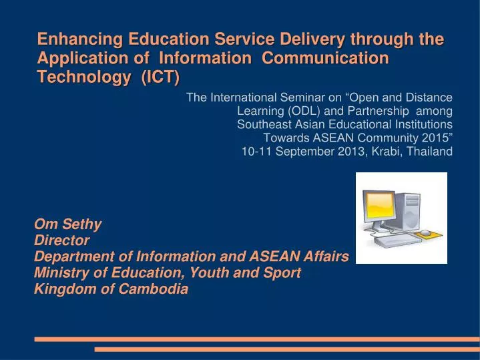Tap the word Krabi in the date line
click(x=377, y=151)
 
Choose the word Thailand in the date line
click(x=429, y=151)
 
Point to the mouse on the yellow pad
click(x=425, y=233)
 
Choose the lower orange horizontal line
click(x=287, y=349)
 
